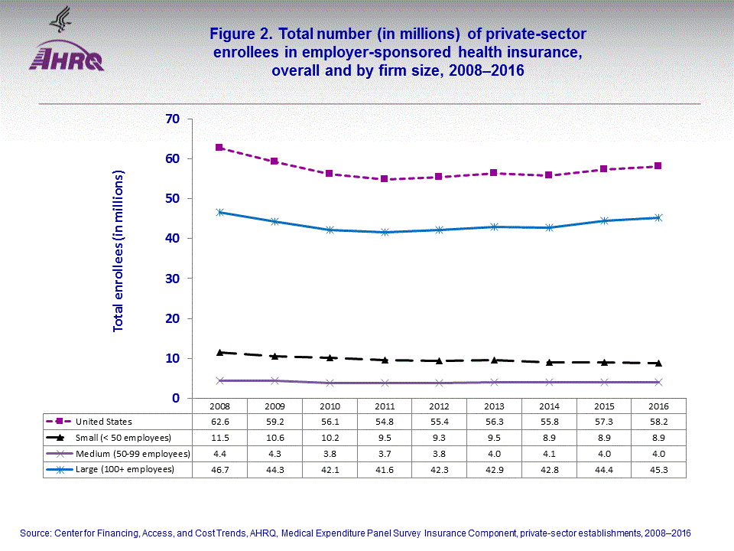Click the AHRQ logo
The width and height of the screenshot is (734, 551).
(66, 46)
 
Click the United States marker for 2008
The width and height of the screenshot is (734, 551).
(219, 147)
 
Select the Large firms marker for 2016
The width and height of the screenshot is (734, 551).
(657, 217)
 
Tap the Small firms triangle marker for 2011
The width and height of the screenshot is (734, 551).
(384, 360)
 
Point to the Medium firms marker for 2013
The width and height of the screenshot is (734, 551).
(493, 382)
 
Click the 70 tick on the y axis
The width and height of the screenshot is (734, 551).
(171, 119)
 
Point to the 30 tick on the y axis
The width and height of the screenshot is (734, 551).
(171, 279)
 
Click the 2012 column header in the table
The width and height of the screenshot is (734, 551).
(438, 405)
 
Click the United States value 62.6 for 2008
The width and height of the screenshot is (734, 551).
(219, 422)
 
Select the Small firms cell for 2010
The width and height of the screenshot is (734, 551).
(329, 438)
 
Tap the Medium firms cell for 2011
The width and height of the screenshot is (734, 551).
(384, 454)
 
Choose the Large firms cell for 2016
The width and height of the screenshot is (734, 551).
(657, 469)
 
